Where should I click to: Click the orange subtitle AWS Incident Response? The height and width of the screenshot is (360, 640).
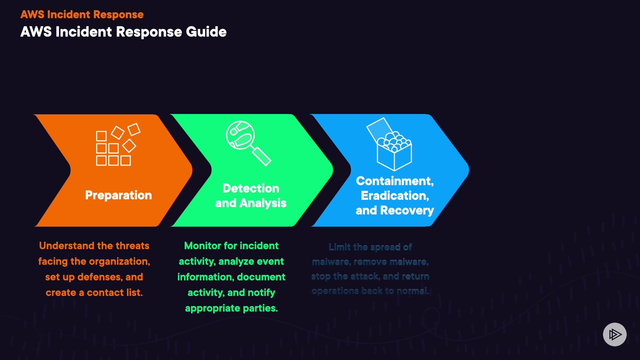click(82, 15)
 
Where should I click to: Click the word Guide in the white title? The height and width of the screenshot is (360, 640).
click(206, 32)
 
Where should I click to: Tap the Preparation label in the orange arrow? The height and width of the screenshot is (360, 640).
click(118, 195)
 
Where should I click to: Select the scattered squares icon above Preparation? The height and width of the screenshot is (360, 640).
click(118, 145)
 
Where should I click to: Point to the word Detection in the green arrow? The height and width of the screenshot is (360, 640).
click(251, 188)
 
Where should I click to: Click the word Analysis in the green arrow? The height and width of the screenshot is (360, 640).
click(263, 203)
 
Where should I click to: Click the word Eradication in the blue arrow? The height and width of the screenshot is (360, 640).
click(394, 196)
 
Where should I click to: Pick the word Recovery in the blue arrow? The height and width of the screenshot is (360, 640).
click(407, 210)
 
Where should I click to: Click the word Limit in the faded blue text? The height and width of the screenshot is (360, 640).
click(339, 247)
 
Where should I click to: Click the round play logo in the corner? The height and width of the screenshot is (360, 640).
click(615, 334)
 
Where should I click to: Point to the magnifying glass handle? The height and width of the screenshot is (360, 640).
click(262, 156)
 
